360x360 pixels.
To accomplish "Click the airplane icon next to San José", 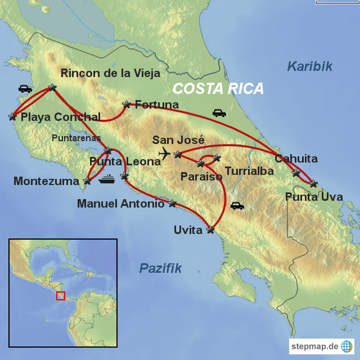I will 164,153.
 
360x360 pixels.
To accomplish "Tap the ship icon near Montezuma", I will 107,180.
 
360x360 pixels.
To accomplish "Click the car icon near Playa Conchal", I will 25,88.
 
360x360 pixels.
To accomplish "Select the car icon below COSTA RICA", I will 219,113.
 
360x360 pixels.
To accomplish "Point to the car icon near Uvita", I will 237,206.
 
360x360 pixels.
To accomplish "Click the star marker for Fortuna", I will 127,104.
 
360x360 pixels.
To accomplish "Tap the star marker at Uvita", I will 211,229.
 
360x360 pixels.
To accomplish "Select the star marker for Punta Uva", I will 313,183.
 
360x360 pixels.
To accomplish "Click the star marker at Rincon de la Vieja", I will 52,87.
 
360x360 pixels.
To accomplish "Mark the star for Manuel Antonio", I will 172,203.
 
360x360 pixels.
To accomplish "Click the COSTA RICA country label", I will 218,88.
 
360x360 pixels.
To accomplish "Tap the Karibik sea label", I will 309,66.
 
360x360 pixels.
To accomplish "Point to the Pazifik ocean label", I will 160,268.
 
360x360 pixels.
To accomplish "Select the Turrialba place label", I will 249,170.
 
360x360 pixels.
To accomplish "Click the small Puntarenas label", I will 76,137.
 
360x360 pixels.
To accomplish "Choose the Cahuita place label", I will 296,159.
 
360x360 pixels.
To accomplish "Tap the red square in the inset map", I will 61,295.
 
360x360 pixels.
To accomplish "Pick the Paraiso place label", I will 201,176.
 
